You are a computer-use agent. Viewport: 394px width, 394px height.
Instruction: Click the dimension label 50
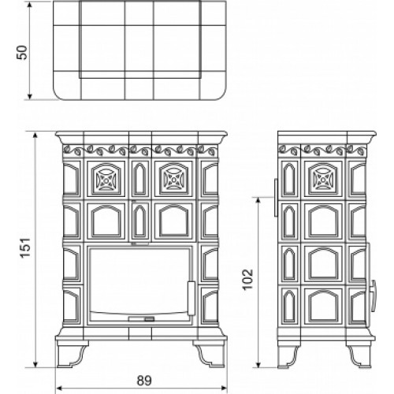22,53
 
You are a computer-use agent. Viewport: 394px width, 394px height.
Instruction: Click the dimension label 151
26,248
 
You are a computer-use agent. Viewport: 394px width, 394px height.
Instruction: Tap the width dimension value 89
144,381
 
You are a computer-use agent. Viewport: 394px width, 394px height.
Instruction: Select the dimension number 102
247,280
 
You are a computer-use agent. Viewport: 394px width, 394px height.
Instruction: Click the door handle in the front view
191,298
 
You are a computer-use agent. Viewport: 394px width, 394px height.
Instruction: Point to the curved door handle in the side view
373,295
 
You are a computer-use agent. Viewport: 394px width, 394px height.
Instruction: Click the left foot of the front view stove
72,353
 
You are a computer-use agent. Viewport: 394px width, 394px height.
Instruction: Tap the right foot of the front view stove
210,353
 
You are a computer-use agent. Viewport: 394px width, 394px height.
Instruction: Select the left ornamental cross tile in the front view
106,178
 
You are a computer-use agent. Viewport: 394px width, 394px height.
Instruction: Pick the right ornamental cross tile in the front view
173,178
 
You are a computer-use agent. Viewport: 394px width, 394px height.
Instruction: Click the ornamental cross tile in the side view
323,178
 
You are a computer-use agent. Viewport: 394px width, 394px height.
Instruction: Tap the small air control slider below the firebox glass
141,319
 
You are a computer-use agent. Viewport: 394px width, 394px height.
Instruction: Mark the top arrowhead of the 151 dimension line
35,136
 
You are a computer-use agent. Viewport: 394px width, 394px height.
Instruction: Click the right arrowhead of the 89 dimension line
224,388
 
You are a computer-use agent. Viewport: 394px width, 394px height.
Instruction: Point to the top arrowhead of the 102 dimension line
258,200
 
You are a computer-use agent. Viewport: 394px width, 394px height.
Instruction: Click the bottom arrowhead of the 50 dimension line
30,97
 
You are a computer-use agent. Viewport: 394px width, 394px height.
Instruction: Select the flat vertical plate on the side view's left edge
276,198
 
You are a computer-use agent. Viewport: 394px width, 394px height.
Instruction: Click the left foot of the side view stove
288,355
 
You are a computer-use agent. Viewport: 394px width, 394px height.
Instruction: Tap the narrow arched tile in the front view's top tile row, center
140,178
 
